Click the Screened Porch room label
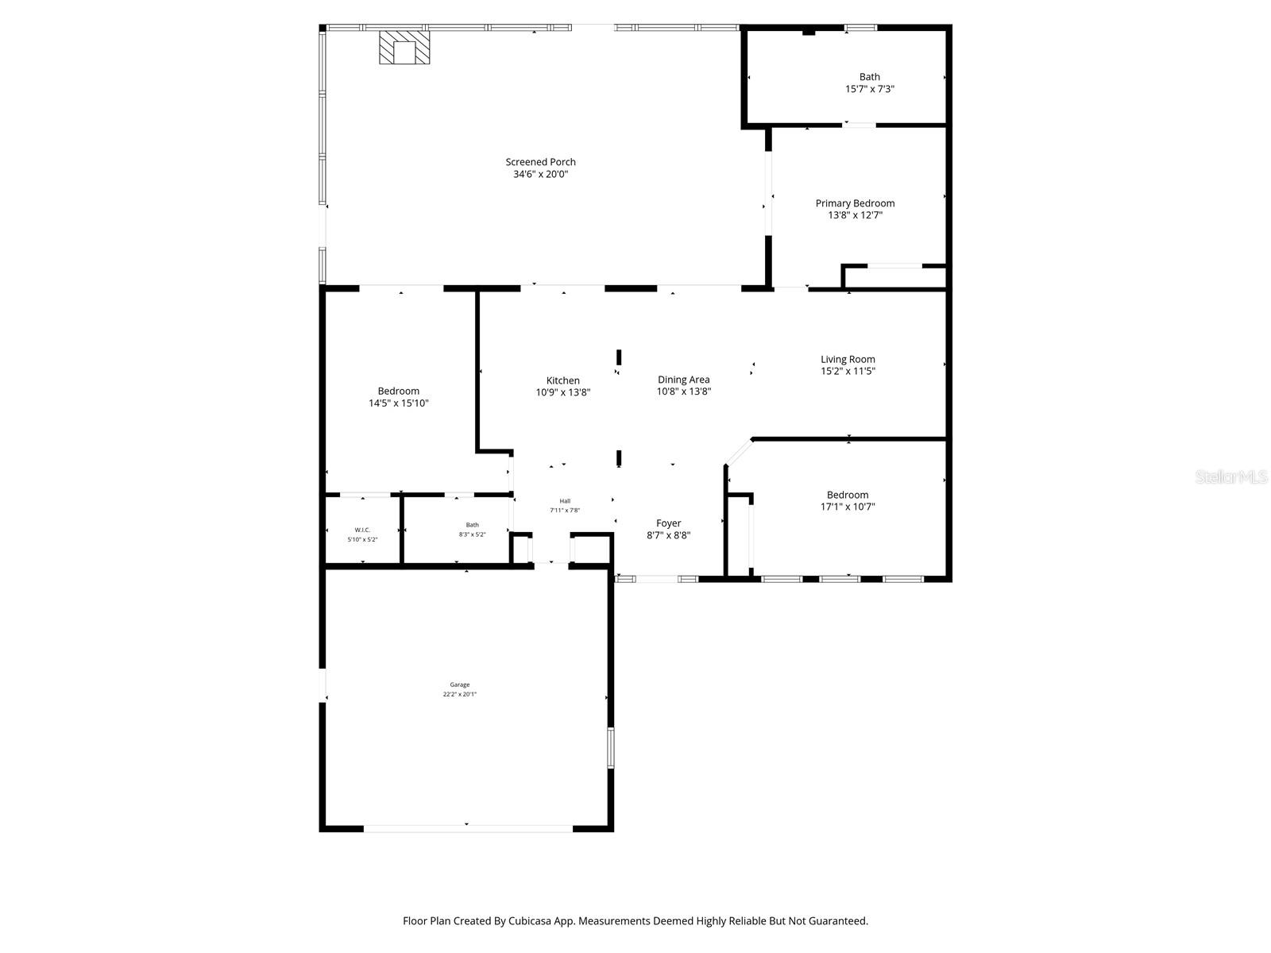pyautogui.click(x=540, y=162)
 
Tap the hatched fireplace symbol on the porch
pyautogui.click(x=404, y=48)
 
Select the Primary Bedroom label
pyautogui.click(x=855, y=203)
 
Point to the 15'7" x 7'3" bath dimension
pyautogui.click(x=869, y=90)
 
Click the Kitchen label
pyautogui.click(x=562, y=380)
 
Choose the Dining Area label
pyautogui.click(x=683, y=380)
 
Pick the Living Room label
pyautogui.click(x=848, y=359)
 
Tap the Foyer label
pyautogui.click(x=668, y=523)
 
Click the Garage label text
pyautogui.click(x=460, y=685)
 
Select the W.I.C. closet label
pyautogui.click(x=362, y=530)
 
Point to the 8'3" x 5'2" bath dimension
pyautogui.click(x=472, y=534)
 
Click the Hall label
pyautogui.click(x=565, y=501)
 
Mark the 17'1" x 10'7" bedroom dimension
pyautogui.click(x=848, y=507)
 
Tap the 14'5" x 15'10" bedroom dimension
pyautogui.click(x=398, y=403)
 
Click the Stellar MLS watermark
pyautogui.click(x=1230, y=476)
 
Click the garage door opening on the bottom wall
pyautogui.click(x=468, y=828)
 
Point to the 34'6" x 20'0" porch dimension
pyautogui.click(x=540, y=174)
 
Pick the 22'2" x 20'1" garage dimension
pyautogui.click(x=460, y=694)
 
